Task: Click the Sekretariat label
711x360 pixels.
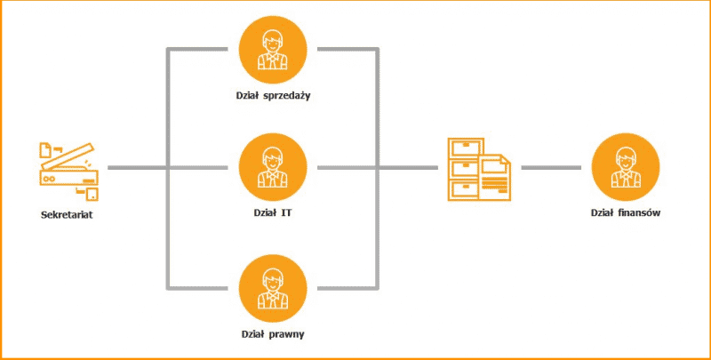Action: [x=70, y=214]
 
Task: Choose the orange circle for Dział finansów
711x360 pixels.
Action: [x=627, y=168]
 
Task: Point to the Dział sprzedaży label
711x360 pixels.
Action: [x=274, y=95]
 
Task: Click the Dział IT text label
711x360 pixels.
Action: [x=274, y=214]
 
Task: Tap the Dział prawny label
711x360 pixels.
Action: [x=274, y=335]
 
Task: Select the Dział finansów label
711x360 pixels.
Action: [x=627, y=214]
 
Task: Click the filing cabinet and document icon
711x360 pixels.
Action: [x=477, y=169]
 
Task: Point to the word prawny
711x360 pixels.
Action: [x=286, y=335]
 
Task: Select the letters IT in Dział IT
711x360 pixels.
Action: [x=287, y=214]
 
